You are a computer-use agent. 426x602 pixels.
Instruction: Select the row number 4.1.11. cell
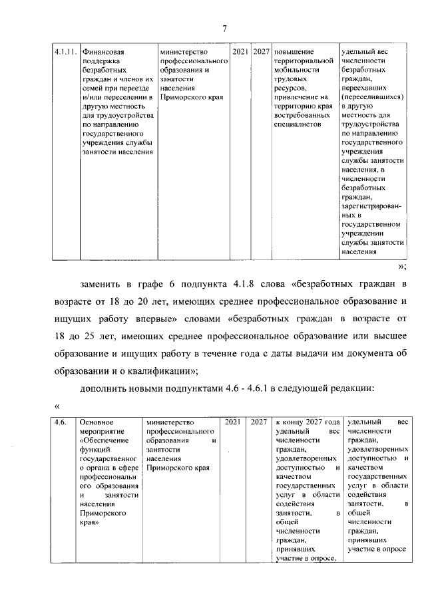(x=65, y=51)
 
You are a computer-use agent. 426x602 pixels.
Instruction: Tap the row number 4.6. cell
(x=61, y=422)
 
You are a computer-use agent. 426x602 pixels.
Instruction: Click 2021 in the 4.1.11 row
(x=240, y=51)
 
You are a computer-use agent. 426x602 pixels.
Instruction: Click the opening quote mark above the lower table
(x=58, y=404)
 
